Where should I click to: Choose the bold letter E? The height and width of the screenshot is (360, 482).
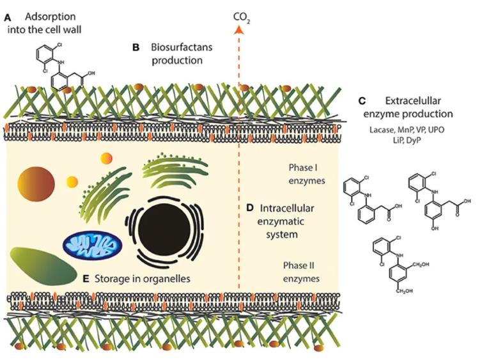[x=86, y=279]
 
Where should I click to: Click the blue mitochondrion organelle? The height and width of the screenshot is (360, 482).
[x=91, y=245]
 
